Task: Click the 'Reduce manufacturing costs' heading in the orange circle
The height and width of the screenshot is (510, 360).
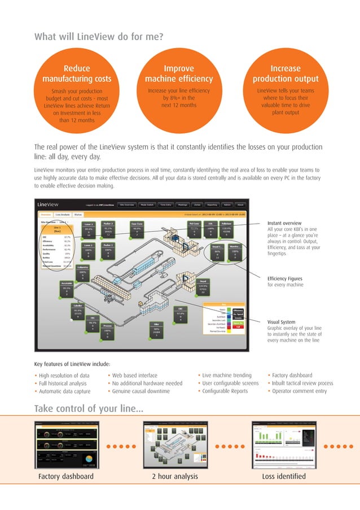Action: click(76, 74)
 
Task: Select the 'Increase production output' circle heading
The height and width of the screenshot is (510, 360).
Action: click(286, 74)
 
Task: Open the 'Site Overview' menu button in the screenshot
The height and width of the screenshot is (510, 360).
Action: click(127, 204)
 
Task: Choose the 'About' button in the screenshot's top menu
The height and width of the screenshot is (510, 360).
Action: click(240, 204)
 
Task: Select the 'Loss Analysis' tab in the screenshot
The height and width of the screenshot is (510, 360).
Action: click(63, 215)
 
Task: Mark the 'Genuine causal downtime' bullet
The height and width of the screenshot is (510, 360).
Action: click(140, 391)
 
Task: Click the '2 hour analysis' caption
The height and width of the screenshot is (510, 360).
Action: click(175, 477)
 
